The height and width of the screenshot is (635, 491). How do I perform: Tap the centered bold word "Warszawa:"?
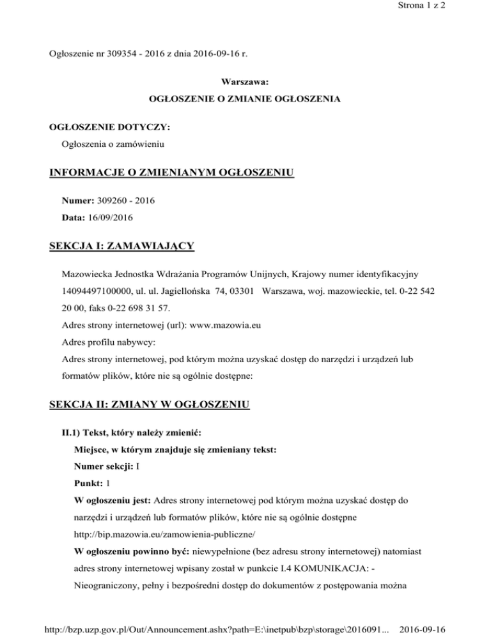coord(245,83)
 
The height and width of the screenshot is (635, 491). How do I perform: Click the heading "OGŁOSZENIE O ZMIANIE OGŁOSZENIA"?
coord(244,100)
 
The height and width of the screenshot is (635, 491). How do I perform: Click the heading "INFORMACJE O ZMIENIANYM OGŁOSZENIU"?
coord(171,172)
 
